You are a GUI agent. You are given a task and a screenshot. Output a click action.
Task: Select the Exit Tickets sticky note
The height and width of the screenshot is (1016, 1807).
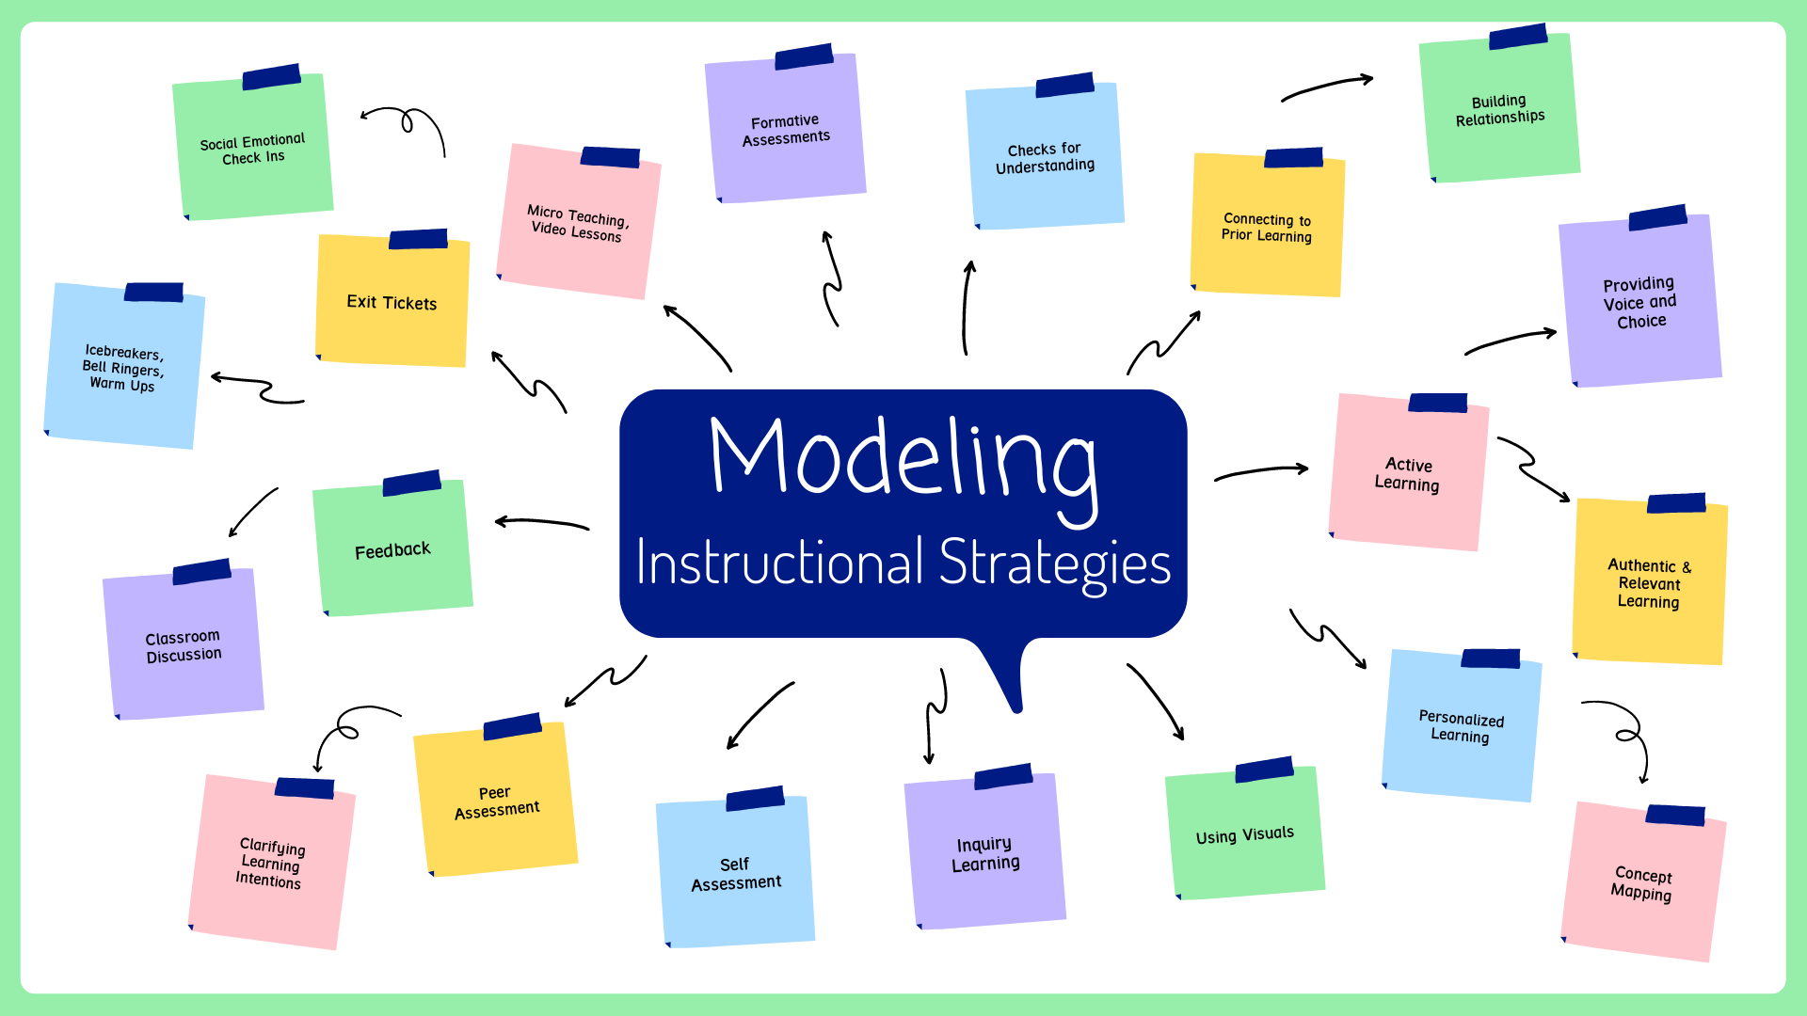(x=392, y=302)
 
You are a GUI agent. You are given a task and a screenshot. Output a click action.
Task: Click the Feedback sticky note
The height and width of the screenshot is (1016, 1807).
(x=392, y=550)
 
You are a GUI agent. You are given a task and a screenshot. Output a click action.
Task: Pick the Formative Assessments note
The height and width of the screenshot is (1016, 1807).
(x=786, y=130)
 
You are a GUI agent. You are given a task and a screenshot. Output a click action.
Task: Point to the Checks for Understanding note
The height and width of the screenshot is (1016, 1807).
(x=1045, y=158)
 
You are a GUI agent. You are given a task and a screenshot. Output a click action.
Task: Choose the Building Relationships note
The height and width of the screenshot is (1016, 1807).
(x=1500, y=110)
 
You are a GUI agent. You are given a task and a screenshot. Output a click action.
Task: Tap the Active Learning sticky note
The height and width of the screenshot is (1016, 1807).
(x=1407, y=474)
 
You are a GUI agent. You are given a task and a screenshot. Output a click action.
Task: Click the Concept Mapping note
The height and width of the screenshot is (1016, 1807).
(x=1642, y=883)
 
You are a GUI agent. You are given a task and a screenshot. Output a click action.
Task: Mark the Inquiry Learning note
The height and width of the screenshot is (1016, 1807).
(x=984, y=854)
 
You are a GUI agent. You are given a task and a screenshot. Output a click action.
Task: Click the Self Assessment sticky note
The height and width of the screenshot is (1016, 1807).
(x=736, y=874)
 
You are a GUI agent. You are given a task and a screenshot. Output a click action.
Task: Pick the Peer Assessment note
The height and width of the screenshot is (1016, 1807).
(x=496, y=802)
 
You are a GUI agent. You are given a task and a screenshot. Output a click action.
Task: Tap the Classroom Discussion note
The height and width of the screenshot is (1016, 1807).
(x=184, y=646)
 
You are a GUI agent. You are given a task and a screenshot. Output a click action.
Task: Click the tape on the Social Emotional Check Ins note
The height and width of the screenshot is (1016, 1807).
(x=271, y=77)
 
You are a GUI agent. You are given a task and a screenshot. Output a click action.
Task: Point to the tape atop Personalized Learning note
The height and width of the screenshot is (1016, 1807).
(x=1490, y=658)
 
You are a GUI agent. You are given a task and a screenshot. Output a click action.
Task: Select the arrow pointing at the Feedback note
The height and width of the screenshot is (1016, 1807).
(x=541, y=523)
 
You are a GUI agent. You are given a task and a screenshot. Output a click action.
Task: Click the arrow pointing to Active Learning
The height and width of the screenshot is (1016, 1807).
(x=1261, y=471)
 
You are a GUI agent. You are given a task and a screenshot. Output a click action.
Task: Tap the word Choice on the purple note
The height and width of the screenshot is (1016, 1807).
(x=1641, y=322)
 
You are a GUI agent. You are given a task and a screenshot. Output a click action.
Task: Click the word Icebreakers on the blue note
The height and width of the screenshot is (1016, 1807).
(x=123, y=352)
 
